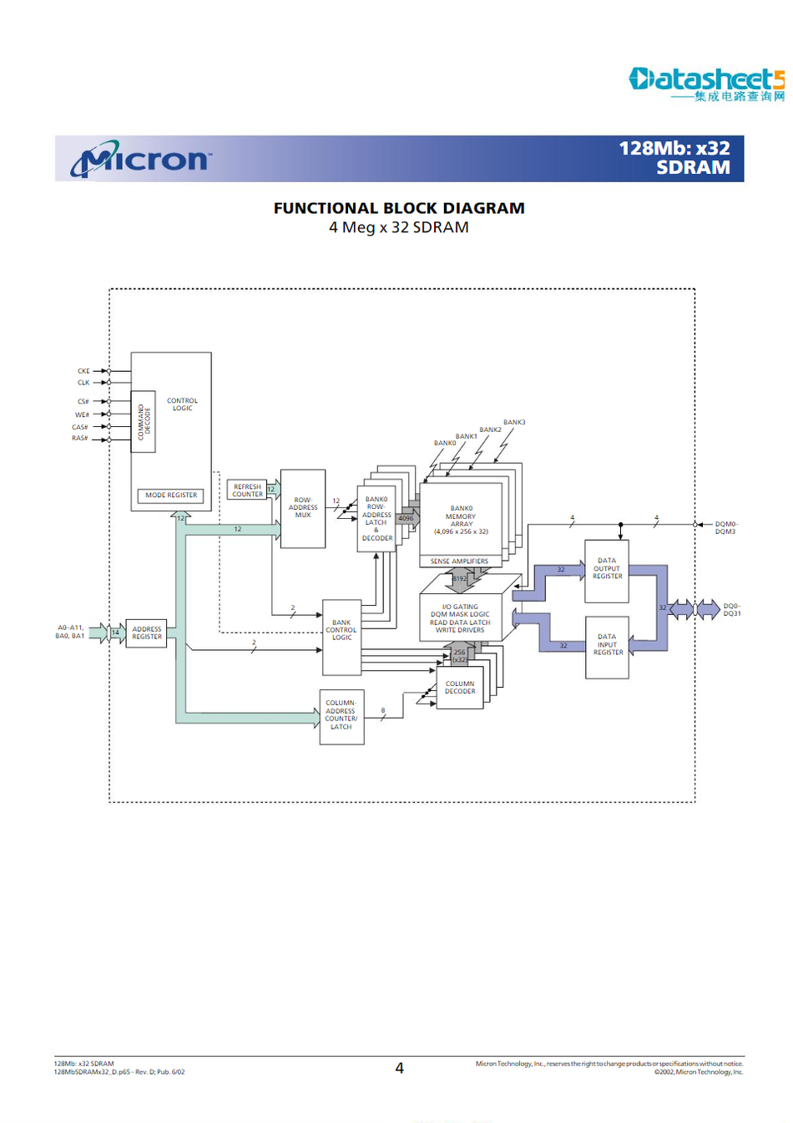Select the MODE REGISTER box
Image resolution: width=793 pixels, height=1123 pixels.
pos(170,495)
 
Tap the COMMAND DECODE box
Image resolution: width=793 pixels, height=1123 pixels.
pos(144,422)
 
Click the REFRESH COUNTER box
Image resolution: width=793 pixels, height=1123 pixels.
pos(247,490)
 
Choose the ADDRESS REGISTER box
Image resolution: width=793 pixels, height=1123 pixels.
pos(146,633)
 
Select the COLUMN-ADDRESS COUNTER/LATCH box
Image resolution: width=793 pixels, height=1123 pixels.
pos(341,716)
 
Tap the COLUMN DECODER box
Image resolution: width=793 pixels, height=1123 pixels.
pos(460,688)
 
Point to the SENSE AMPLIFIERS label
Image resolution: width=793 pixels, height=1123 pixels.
pos(459,561)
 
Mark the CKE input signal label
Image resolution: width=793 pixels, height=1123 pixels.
pos(83,371)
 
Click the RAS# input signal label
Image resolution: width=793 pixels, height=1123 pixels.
pos(80,439)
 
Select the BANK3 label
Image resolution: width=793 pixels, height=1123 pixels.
pos(514,423)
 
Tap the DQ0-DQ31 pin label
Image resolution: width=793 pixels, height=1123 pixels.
pos(731,610)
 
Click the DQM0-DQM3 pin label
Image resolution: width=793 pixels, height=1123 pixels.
pos(725,528)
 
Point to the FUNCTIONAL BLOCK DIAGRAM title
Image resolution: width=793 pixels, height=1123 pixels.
pos(399,208)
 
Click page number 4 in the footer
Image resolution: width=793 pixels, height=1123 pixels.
pos(399,1068)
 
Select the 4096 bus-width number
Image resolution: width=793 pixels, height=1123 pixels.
pos(406,518)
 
